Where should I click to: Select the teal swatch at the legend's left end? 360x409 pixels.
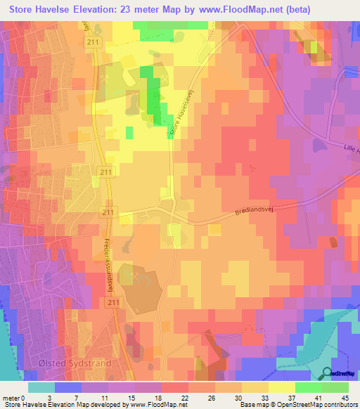(41, 387)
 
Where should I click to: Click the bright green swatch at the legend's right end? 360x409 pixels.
(335, 387)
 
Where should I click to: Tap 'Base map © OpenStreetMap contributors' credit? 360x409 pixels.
(297, 405)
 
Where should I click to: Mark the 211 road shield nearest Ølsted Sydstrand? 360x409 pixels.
(115, 301)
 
